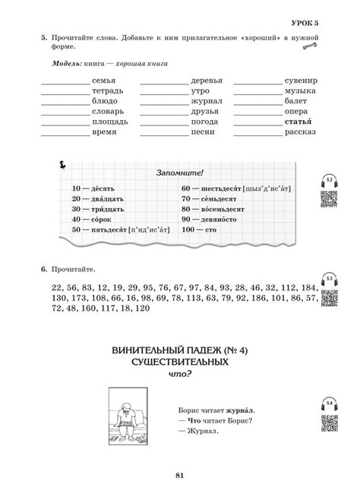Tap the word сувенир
coord(301,81)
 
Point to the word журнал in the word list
coord(206,101)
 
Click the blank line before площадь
coord(65,124)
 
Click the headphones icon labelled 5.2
coord(330,182)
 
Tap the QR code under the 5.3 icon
coord(330,299)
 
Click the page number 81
coord(180,476)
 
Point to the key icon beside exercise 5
coord(309,47)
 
